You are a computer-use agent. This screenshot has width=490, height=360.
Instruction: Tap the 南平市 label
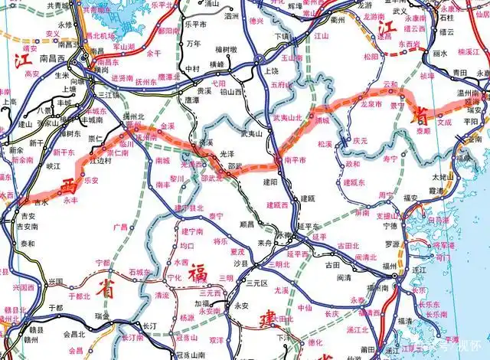[295, 160]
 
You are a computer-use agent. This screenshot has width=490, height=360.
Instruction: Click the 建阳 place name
[270, 182]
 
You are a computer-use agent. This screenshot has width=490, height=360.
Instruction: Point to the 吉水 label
[21, 203]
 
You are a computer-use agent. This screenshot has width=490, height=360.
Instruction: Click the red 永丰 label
[70, 200]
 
